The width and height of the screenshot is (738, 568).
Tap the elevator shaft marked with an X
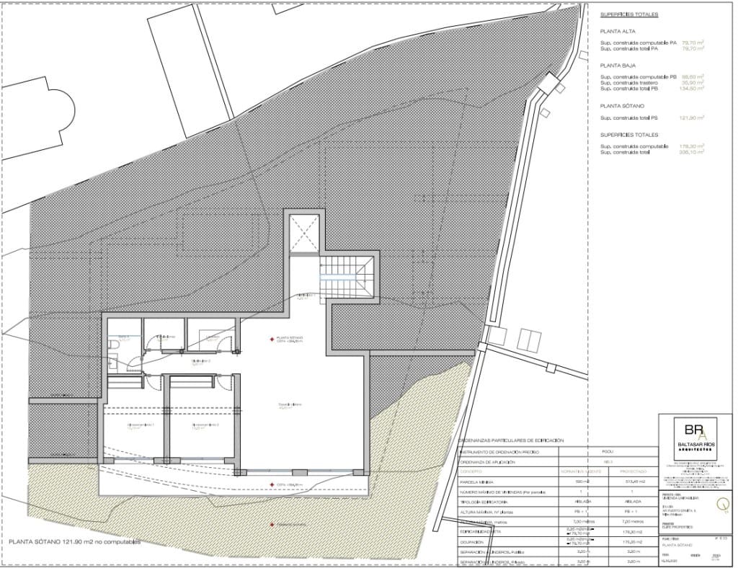[304, 234]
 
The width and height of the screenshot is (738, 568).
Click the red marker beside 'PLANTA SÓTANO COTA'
[272, 338]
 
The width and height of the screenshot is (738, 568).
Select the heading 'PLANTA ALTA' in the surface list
[618, 32]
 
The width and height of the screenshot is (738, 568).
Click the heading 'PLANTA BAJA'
[618, 65]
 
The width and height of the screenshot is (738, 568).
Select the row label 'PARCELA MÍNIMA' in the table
[477, 481]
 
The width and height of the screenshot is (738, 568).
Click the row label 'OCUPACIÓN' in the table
[474, 541]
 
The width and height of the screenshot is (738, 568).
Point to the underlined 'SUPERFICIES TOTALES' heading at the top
[629, 14]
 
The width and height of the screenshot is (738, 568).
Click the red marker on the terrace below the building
[272, 524]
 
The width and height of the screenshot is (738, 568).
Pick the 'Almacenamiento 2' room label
[205, 426]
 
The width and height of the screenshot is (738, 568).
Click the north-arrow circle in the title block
[717, 505]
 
